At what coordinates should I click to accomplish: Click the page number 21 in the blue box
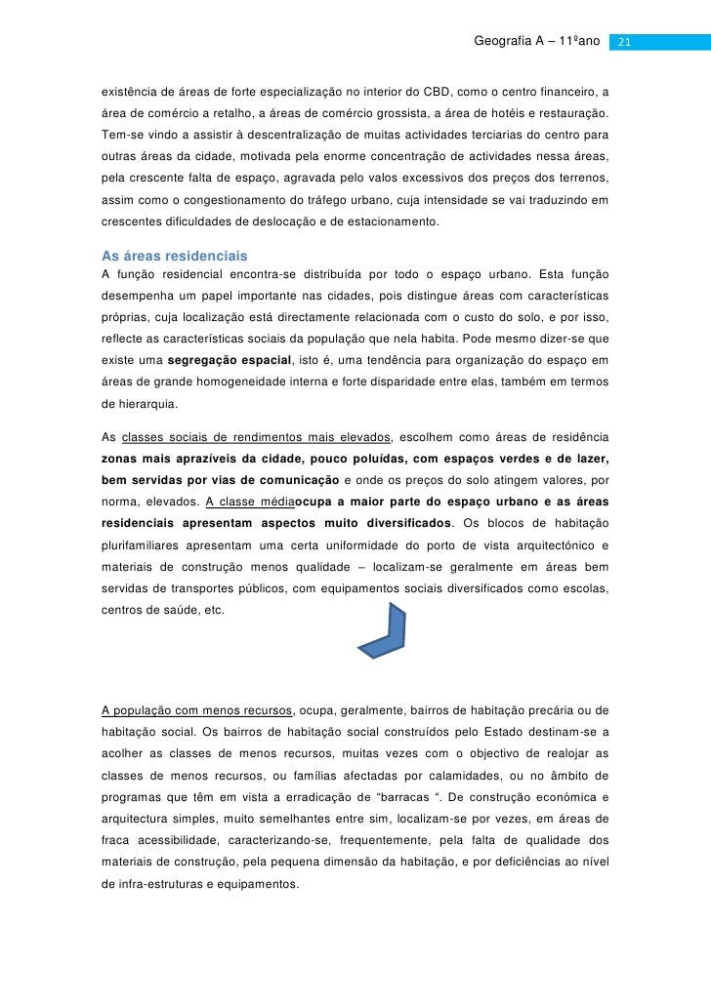click(x=626, y=42)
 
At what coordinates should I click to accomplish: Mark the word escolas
click(x=584, y=588)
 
